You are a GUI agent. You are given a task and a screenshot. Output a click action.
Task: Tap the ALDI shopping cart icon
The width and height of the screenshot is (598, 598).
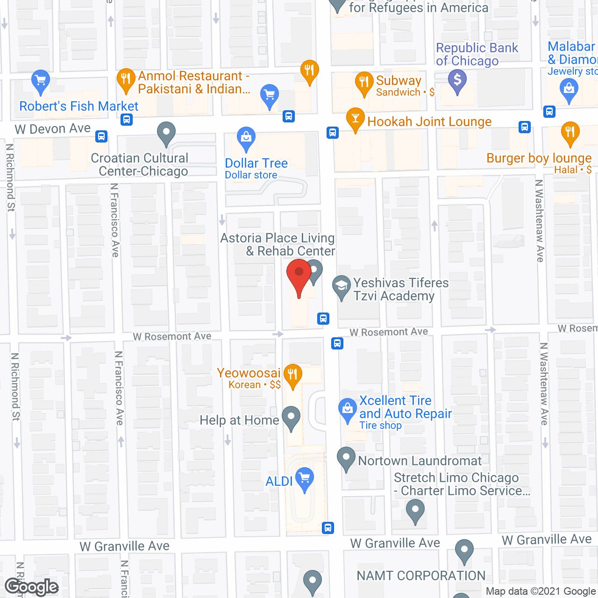tap(304, 478)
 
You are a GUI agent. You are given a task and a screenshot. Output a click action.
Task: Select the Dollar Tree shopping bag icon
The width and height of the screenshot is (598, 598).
tap(246, 138)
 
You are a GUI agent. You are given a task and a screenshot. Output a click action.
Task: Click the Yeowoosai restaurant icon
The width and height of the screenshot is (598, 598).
tap(292, 375)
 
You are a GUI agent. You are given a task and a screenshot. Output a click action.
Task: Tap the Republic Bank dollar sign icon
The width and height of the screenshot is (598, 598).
tap(457, 80)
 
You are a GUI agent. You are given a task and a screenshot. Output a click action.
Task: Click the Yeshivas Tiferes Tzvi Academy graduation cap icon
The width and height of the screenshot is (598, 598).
tap(342, 285)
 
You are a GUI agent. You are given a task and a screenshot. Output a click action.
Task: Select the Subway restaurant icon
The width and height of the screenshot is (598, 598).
tap(363, 82)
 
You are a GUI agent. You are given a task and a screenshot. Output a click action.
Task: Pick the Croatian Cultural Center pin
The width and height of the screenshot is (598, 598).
tap(166, 133)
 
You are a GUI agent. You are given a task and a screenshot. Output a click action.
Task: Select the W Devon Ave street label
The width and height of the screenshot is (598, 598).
tap(52, 128)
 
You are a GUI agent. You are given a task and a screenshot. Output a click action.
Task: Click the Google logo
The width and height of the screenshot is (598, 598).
tap(32, 587)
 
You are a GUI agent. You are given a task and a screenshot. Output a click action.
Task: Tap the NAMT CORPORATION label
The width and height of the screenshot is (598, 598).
tap(421, 576)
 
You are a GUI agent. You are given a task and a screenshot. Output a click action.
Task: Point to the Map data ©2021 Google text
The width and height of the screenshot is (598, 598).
tap(541, 591)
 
